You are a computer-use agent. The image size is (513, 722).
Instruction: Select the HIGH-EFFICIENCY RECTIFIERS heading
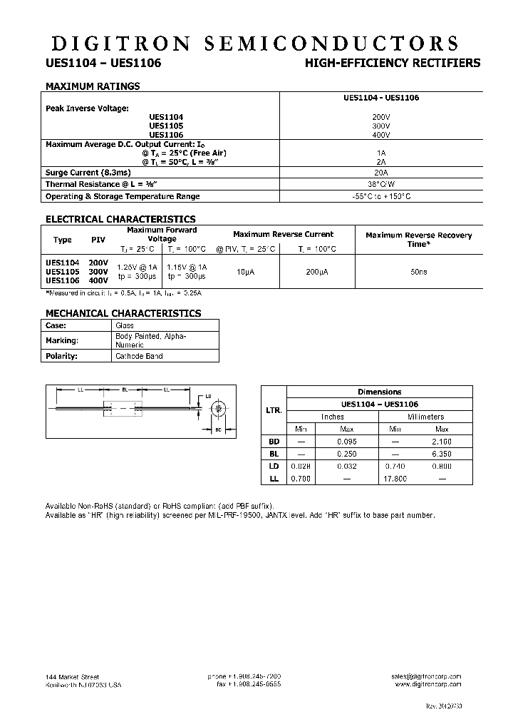point(393,63)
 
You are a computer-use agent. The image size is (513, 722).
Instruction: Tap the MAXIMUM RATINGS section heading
point(93,86)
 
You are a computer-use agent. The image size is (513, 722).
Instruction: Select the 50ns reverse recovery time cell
point(419,272)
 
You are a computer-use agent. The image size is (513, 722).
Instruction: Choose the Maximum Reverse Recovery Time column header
point(419,239)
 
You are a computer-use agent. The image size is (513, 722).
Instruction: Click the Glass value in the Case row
point(125,325)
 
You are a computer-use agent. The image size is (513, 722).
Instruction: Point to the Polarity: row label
point(61,356)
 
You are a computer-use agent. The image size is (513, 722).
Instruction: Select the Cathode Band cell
point(139,356)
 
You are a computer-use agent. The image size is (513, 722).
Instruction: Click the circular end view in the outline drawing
point(219,410)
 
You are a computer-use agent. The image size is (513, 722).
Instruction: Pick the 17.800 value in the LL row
point(395,478)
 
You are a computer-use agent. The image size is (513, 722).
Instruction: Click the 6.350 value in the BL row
point(441,454)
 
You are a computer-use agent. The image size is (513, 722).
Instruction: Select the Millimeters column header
point(425,417)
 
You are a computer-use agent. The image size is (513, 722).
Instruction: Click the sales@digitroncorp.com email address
point(426,676)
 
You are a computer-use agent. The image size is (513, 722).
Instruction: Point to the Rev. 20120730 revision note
point(443,706)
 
